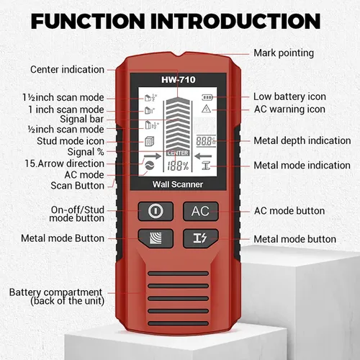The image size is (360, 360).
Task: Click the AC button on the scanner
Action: tap(199, 211)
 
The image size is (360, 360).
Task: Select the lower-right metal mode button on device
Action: tap(199, 239)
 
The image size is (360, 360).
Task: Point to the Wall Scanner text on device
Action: tap(177, 185)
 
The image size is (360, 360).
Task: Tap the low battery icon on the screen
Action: tap(208, 96)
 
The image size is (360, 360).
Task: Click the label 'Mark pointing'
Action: tap(284, 53)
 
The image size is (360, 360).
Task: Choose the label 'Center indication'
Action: tap(66, 70)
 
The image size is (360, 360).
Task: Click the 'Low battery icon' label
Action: tap(289, 96)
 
